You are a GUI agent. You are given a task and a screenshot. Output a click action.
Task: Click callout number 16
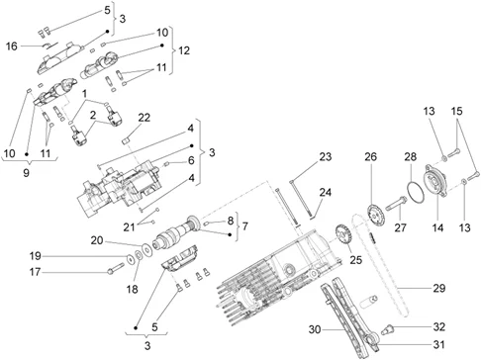pyautogui.click(x=11, y=45)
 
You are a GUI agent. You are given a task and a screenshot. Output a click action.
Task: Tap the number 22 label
pyautogui.click(x=144, y=118)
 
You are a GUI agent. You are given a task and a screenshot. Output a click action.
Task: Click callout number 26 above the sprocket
pyautogui.click(x=371, y=156)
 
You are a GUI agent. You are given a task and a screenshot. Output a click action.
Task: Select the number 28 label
pyautogui.click(x=410, y=157)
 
